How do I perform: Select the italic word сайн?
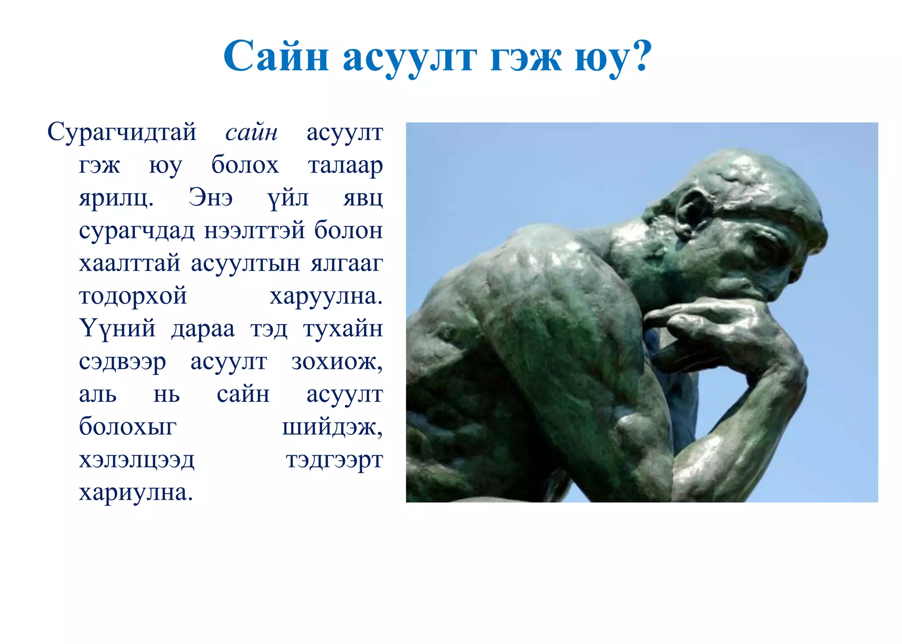point(251,132)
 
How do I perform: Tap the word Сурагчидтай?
point(122,132)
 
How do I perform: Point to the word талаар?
point(345,166)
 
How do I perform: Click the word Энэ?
point(211,198)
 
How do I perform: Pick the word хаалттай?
point(129,263)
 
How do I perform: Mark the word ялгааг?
point(347,263)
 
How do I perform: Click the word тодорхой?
point(133,296)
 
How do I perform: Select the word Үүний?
point(117,328)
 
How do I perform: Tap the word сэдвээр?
point(122,362)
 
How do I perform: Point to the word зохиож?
point(336,362)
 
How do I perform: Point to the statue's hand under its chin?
point(722,326)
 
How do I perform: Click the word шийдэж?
point(332,427)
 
